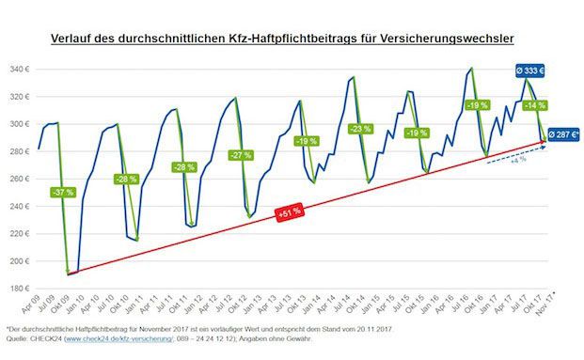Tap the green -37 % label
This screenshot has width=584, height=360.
tap(62, 192)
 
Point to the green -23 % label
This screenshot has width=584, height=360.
tap(359, 129)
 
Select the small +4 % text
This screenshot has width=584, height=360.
tap(517, 161)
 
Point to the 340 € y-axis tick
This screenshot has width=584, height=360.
tap(18, 69)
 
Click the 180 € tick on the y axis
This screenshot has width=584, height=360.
tap(18, 289)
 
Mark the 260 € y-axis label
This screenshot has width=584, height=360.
tap(18, 179)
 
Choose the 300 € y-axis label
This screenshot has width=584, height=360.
tap(18, 124)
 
